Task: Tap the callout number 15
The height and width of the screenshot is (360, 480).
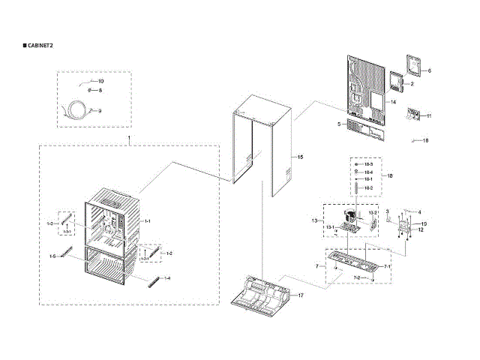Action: (300, 157)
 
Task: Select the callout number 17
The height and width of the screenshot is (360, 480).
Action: (301, 295)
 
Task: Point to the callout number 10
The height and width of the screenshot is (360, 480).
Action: (101, 80)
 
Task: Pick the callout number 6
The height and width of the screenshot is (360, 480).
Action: (430, 70)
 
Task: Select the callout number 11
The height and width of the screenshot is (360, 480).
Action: (429, 115)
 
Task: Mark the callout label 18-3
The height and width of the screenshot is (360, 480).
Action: (369, 164)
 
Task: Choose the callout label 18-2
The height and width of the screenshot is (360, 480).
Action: (369, 187)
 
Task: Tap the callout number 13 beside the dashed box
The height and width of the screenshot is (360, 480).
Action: (315, 220)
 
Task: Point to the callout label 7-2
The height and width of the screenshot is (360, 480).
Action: (358, 278)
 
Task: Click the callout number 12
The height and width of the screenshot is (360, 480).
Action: (421, 230)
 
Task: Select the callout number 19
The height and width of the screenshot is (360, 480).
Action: (423, 223)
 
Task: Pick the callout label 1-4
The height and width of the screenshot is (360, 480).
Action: (167, 278)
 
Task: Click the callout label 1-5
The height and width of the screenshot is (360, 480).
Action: (52, 256)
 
